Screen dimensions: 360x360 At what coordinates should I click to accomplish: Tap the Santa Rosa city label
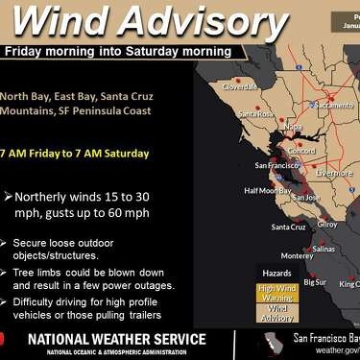click(256, 114)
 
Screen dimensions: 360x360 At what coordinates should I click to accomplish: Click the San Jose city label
click(307, 197)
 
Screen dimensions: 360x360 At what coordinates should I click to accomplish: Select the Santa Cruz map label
click(288, 228)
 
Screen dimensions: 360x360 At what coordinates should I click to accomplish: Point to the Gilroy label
click(328, 224)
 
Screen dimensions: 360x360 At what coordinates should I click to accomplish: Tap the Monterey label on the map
click(296, 255)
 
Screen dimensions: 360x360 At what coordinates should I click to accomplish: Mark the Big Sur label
click(315, 282)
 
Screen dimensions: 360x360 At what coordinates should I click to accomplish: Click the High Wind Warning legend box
click(276, 292)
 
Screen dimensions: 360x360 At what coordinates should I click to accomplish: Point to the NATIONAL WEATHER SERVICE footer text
click(116, 339)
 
